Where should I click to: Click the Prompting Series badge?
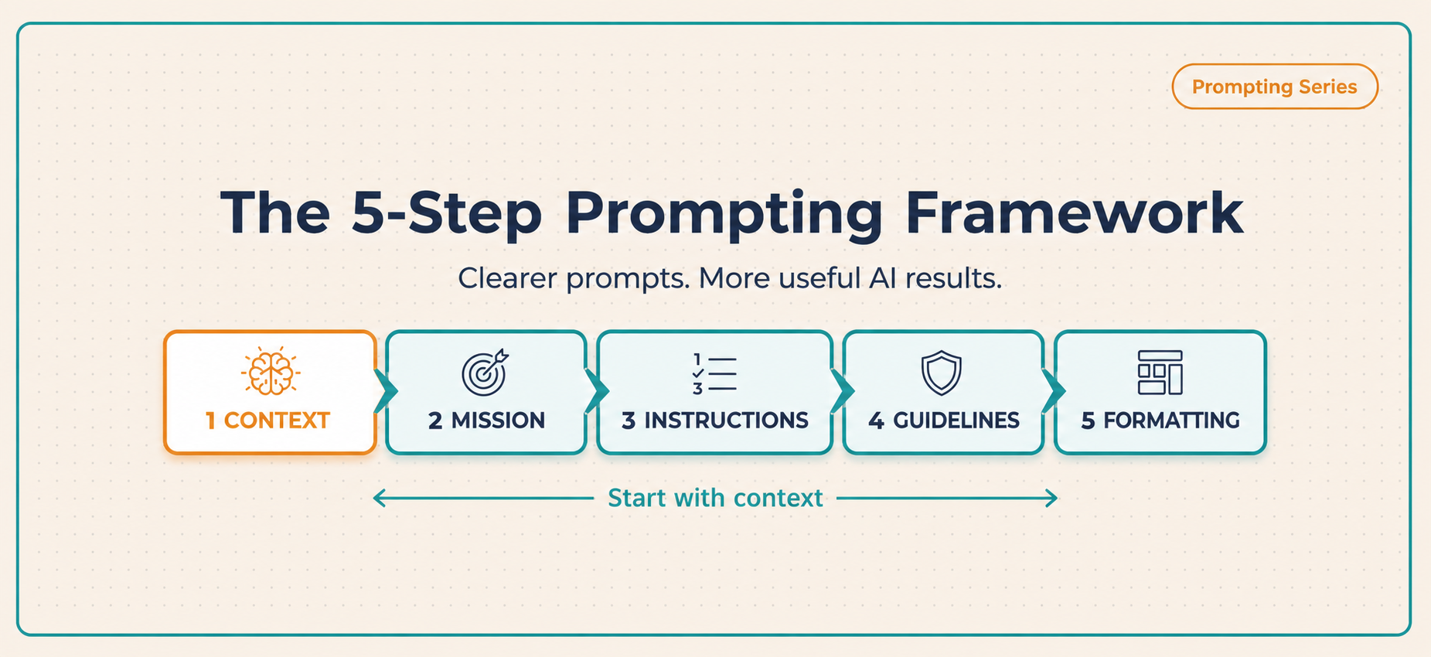click(x=1274, y=87)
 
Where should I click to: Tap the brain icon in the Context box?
click(x=271, y=372)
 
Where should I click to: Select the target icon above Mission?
click(x=486, y=372)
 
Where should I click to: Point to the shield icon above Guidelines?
click(x=942, y=373)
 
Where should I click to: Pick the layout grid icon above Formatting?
click(x=1160, y=373)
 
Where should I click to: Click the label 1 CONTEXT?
click(x=267, y=420)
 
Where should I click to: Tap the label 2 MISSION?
click(x=486, y=420)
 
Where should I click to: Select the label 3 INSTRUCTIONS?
click(x=714, y=420)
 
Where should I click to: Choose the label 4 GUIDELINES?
click(x=943, y=420)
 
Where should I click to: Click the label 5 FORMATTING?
click(x=1160, y=420)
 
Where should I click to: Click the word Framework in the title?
click(x=1074, y=213)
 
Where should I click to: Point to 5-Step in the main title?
click(x=447, y=213)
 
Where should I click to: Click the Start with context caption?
click(x=715, y=498)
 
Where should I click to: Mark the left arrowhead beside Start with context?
click(x=379, y=499)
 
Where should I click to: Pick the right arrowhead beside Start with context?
click(x=1051, y=499)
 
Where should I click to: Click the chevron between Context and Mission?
click(x=385, y=392)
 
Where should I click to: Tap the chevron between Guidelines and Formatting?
click(x=1053, y=392)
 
